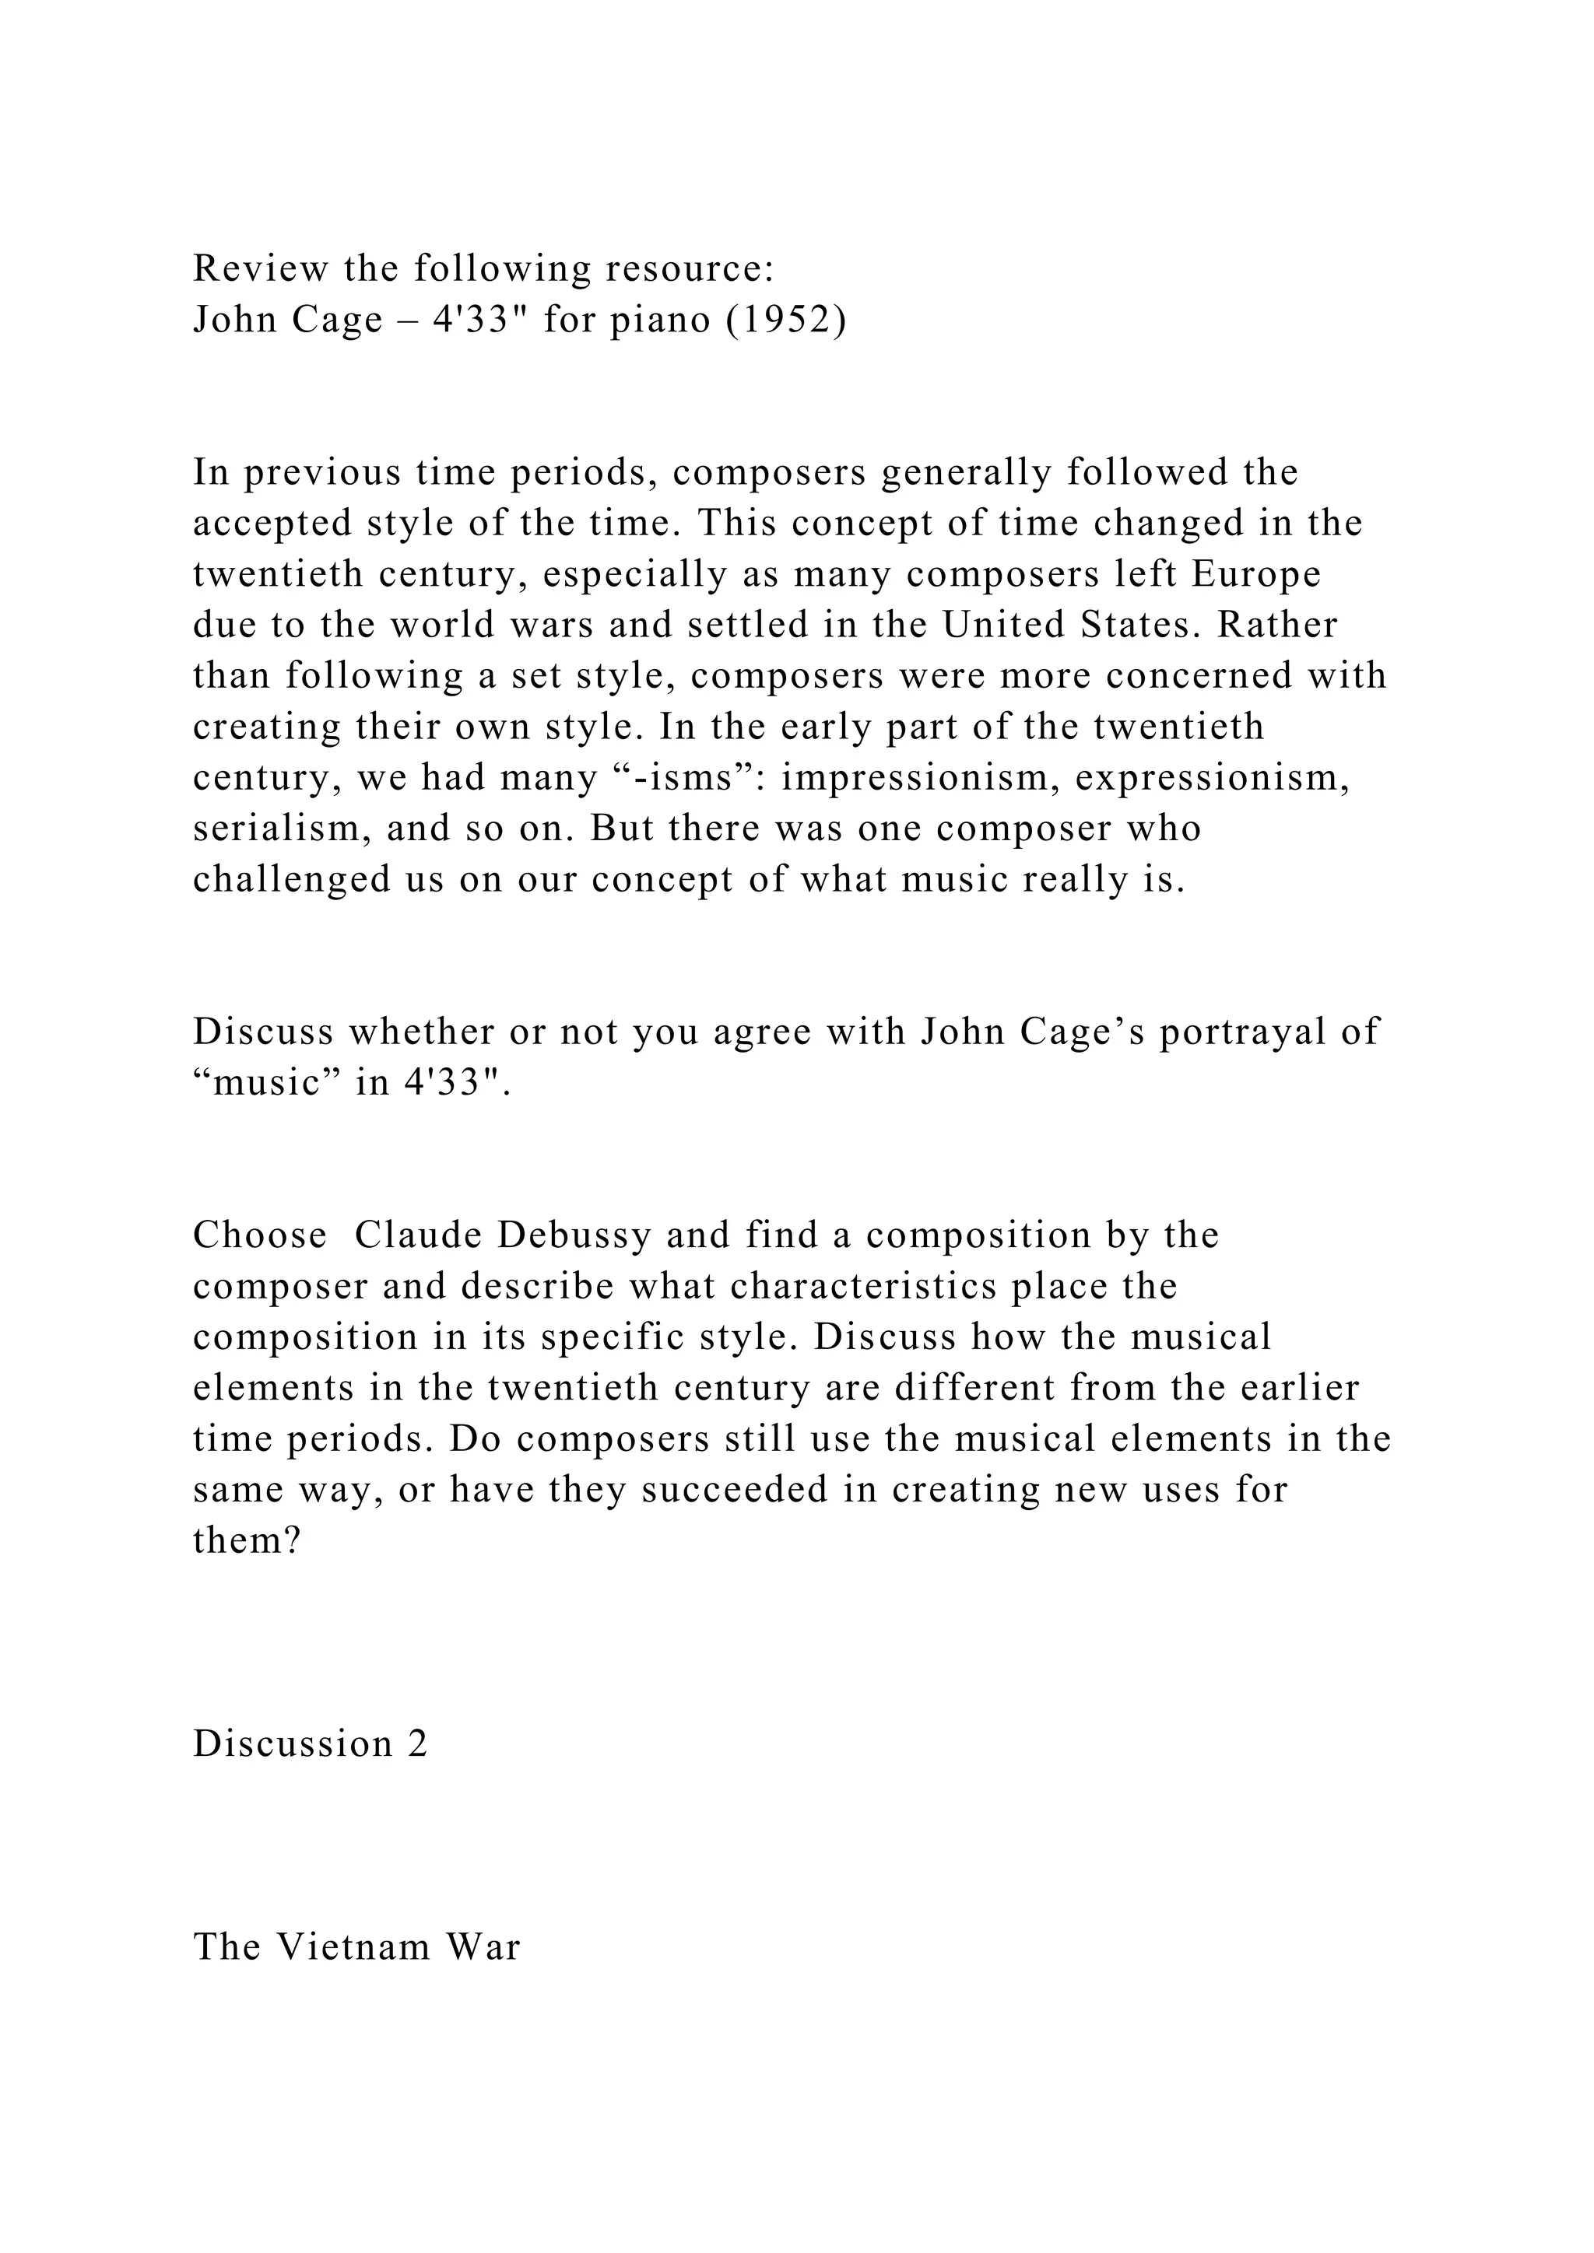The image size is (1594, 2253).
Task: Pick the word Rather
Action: [1277, 625]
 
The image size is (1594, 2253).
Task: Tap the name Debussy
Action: [574, 1235]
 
